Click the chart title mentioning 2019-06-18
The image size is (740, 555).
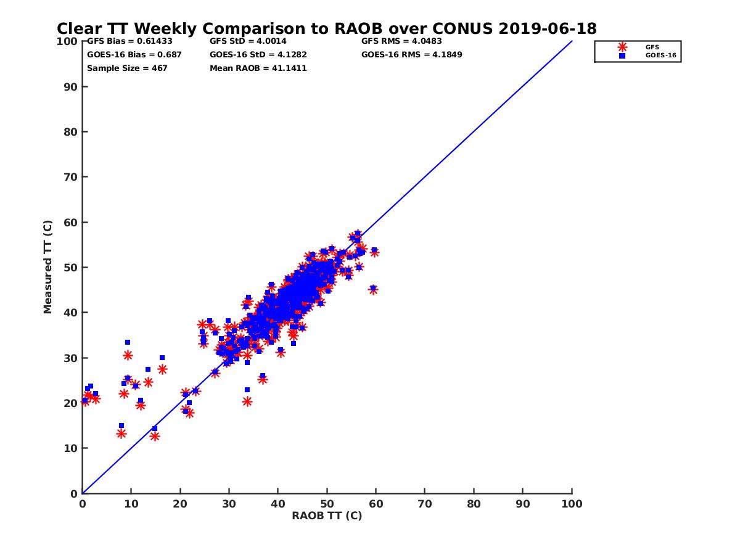click(326, 28)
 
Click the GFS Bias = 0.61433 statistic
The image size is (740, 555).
click(129, 41)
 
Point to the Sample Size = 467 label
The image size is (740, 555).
click(127, 68)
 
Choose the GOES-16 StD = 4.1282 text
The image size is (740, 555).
click(258, 54)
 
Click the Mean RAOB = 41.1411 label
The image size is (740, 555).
click(258, 68)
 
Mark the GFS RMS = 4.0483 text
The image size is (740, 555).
click(401, 41)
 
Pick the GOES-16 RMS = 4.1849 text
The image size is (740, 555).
click(412, 54)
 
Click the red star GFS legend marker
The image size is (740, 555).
click(622, 47)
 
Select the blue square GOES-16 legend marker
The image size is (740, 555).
click(622, 55)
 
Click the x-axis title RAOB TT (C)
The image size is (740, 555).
click(327, 516)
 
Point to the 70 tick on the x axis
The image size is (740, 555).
click(425, 503)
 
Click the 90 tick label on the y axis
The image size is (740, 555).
click(71, 86)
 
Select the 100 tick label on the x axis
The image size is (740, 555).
click(572, 503)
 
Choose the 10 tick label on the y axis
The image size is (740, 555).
click(71, 448)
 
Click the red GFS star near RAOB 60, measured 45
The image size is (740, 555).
click(373, 290)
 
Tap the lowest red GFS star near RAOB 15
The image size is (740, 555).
click(154, 436)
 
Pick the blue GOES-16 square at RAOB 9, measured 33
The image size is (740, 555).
click(128, 342)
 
